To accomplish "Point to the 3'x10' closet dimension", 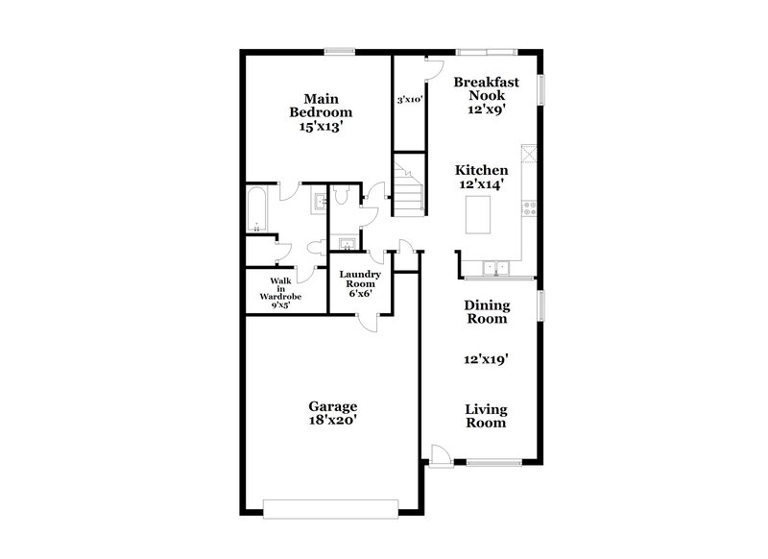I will (x=411, y=99).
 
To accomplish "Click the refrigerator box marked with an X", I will (x=529, y=156).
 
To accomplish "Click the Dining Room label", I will (x=487, y=312).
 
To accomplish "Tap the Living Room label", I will (x=487, y=415).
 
